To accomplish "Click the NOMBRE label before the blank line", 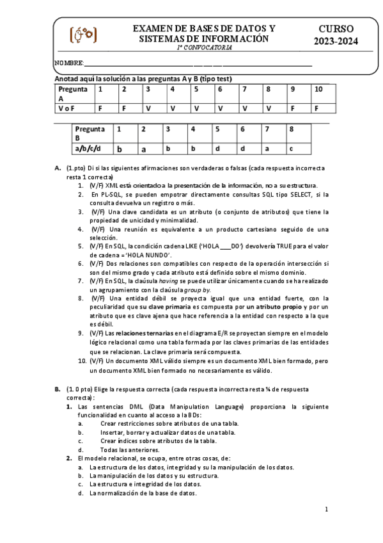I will click(x=69, y=63).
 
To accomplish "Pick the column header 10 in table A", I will click(x=318, y=89).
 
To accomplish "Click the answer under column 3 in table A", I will click(x=148, y=108).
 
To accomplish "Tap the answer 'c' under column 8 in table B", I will click(x=291, y=149).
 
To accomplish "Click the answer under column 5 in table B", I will click(x=217, y=149).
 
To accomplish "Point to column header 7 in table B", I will click(x=267, y=129).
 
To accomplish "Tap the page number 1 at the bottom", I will click(x=326, y=510).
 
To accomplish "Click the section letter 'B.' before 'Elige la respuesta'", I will click(x=58, y=388).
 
